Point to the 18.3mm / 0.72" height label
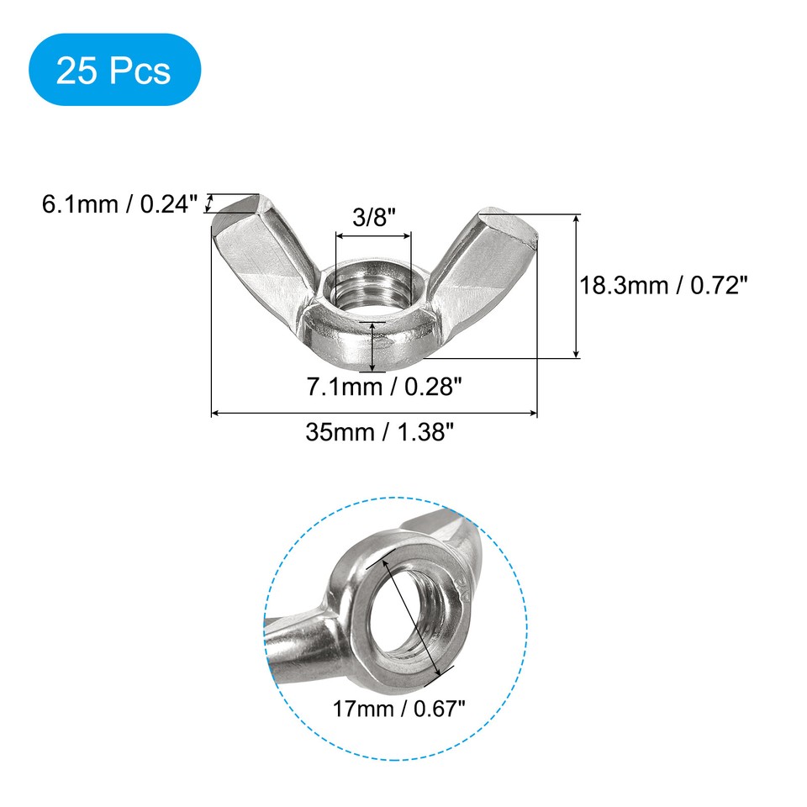664,286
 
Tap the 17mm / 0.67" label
398,709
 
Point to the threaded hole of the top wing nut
367,290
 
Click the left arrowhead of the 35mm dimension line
214,413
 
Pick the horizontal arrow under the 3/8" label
374,238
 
